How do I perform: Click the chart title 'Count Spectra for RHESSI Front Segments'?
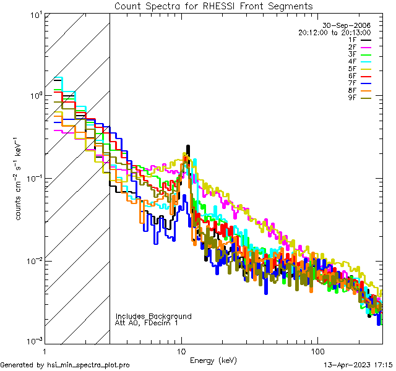[213, 6]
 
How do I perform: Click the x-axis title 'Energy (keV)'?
[213, 360]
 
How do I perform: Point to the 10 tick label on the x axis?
[181, 351]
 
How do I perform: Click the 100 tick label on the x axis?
[317, 351]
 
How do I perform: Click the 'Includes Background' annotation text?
[153, 317]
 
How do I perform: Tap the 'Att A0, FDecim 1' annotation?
[147, 323]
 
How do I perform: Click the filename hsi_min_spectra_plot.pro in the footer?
[88, 365]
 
